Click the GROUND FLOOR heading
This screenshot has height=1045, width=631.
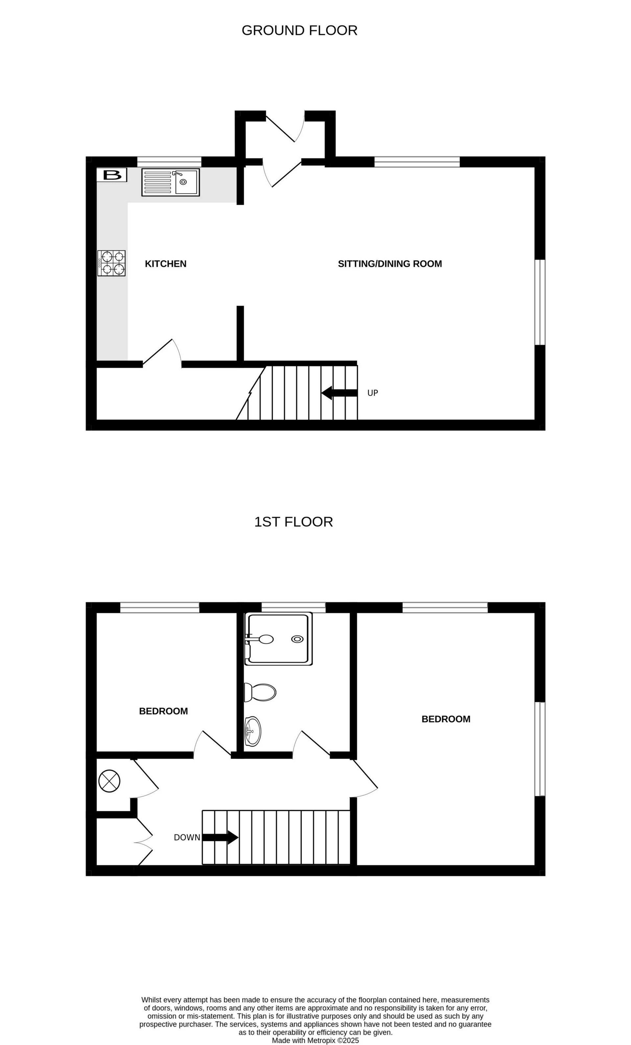point(299,31)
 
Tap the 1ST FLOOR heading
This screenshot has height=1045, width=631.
point(293,522)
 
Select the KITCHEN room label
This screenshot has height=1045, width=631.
point(165,264)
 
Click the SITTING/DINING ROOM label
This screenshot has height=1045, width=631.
point(390,264)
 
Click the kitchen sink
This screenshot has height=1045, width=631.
point(171,182)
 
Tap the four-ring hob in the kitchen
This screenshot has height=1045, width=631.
point(111,263)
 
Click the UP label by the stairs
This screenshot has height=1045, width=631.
point(372,393)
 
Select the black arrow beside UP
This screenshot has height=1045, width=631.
point(339,393)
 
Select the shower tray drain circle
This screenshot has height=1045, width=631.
point(297,639)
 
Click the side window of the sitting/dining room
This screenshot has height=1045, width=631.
point(539,302)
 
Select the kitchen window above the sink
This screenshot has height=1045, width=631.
point(169,162)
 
